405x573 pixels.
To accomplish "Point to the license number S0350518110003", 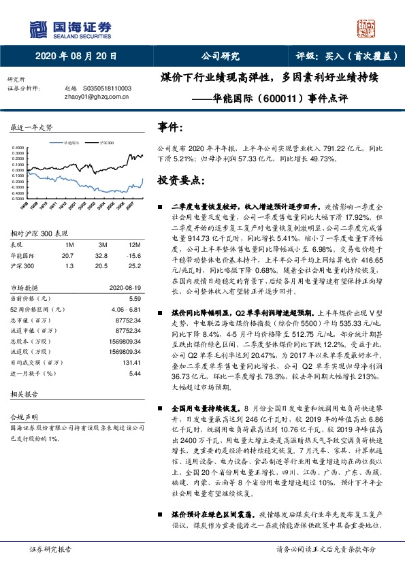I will tap(108, 88).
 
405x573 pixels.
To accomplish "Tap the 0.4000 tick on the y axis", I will tap(18, 147).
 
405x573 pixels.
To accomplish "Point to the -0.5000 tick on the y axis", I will tap(18, 197).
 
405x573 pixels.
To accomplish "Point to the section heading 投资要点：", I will tap(180, 180).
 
